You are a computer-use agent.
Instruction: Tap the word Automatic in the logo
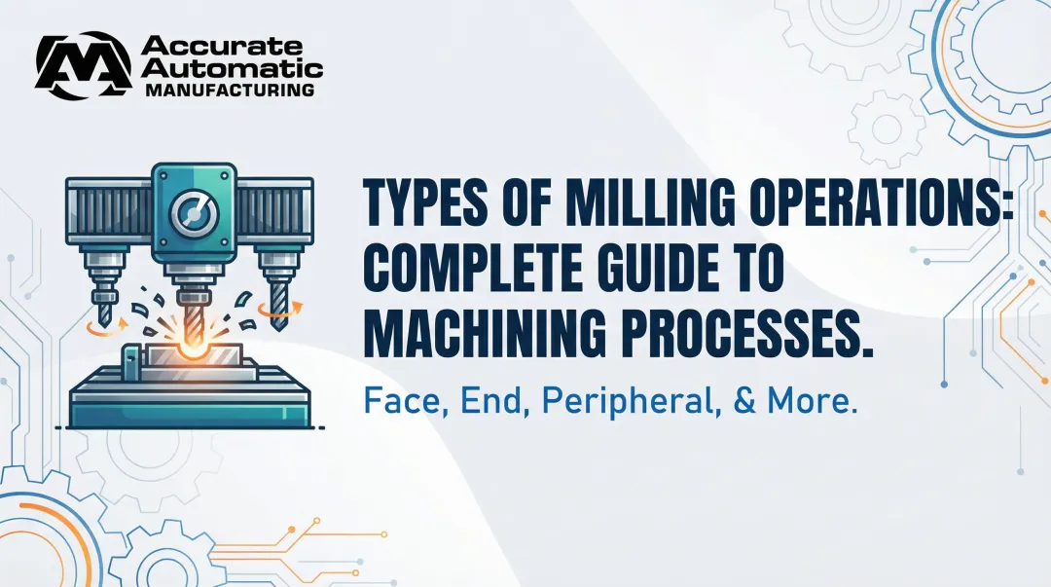click(231, 68)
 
